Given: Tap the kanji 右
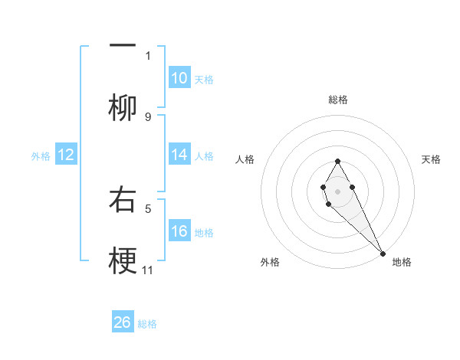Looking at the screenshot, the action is (123, 201).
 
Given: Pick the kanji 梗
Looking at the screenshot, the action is (123, 262).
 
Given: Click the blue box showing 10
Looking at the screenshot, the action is (179, 78).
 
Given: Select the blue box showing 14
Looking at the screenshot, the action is (179, 155).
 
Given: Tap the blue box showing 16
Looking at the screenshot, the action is (179, 231).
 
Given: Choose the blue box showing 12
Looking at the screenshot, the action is (66, 155).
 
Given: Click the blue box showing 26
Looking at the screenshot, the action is (123, 322).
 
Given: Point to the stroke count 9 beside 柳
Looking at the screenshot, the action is (148, 117).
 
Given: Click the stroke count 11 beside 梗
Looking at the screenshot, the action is (148, 270).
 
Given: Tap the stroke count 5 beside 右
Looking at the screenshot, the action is (148, 208).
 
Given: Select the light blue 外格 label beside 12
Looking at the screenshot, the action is (41, 155).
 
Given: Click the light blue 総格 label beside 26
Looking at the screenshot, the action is (147, 323).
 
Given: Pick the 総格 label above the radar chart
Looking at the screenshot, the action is (337, 100).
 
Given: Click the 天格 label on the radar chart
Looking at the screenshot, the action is (431, 159).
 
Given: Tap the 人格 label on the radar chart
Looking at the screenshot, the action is (245, 159).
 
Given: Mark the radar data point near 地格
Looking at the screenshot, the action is (383, 254).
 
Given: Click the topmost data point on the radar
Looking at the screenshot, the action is (337, 161).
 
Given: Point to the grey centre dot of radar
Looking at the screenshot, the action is (337, 190).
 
